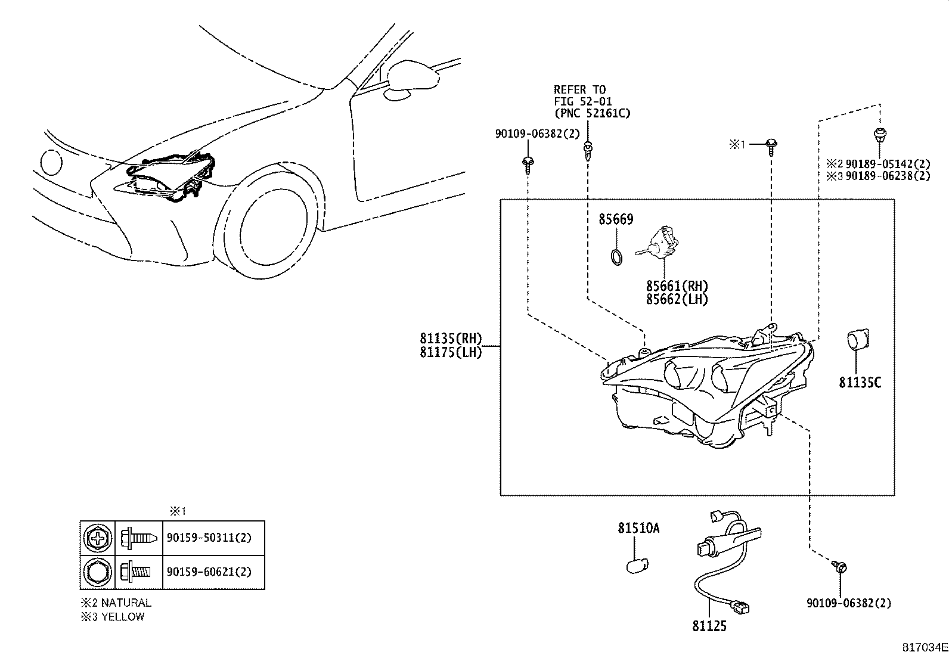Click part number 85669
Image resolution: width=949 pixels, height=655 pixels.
pos(615,220)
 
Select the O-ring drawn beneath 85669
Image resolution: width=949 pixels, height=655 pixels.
pos(618,257)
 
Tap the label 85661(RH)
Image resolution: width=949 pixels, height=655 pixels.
pos(677,287)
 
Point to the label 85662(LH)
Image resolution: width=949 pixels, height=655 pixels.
pos(677,300)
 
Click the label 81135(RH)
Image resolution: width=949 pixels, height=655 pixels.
pos(451,339)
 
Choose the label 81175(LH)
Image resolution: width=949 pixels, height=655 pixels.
pos(451,352)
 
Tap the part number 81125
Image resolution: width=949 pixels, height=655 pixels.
pos(709,626)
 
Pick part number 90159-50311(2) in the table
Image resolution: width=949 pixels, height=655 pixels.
pos(209,538)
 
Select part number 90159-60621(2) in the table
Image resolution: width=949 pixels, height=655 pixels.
pos(209,572)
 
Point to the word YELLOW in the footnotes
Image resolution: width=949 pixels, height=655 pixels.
pos(123,617)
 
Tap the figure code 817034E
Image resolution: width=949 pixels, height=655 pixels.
pos(924,647)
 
